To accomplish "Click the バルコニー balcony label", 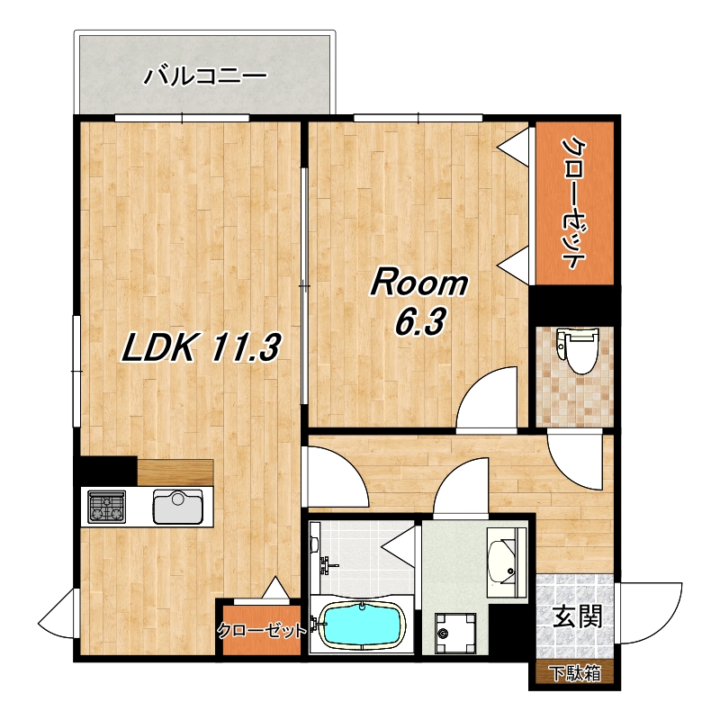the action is coord(205,76).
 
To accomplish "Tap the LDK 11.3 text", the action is coord(201,347).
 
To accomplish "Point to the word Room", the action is coord(419,283).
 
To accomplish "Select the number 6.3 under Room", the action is coord(419,321).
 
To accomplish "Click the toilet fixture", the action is coord(577,350).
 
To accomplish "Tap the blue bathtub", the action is coord(363,624).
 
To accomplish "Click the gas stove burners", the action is coord(107,507).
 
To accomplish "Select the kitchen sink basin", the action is coord(177,507).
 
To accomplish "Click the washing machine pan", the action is coord(455,634).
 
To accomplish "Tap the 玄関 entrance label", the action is coord(577,616).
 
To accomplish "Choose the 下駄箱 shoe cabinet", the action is coord(575,673).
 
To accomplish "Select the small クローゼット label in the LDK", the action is coord(261,630).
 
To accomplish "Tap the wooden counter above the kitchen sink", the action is coord(175,472).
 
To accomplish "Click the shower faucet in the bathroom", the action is coord(328,565).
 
